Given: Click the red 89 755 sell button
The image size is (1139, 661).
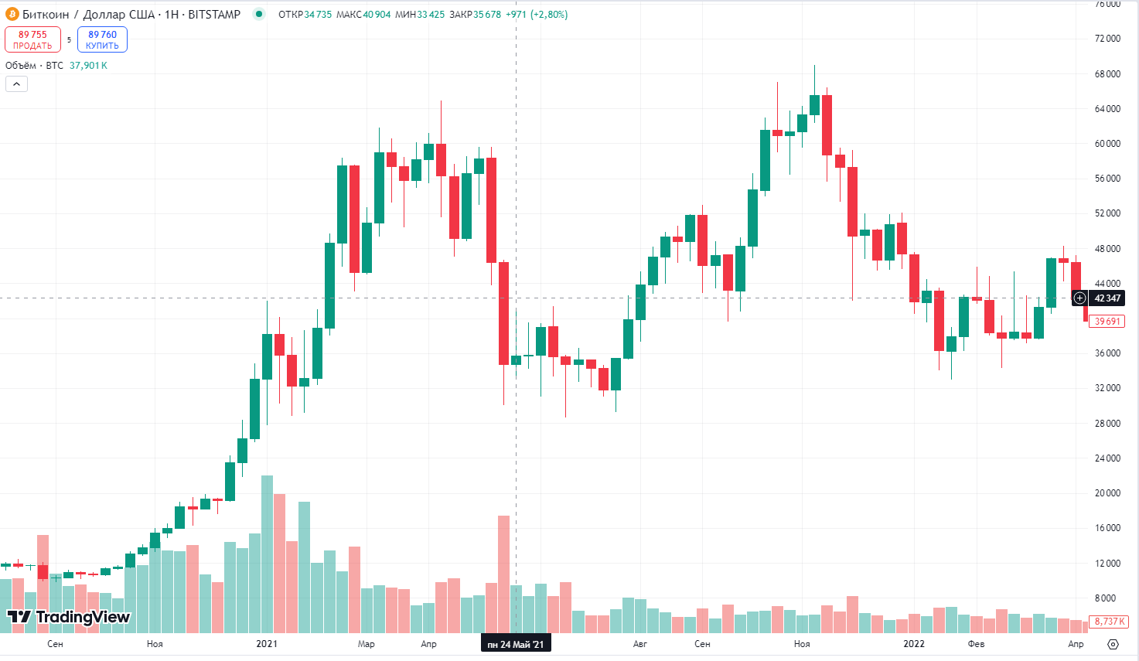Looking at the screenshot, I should tap(32, 39).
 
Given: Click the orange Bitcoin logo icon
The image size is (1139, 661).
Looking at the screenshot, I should tap(12, 14).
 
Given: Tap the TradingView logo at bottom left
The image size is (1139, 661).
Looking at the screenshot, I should tap(69, 617).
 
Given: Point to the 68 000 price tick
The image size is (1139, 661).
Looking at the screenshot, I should tap(1107, 74).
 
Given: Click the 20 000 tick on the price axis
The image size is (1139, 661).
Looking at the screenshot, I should tap(1107, 493).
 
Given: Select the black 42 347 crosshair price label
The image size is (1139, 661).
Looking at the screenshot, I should tap(1107, 298).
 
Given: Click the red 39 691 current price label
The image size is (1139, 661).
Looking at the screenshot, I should tap(1107, 322).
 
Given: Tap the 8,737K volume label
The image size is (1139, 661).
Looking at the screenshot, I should tap(1109, 622).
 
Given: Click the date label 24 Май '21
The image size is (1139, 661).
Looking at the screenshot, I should tap(516, 644).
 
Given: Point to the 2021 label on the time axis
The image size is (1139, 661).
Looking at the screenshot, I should tap(267, 644).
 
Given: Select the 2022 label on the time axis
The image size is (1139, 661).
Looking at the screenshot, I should tap(914, 644).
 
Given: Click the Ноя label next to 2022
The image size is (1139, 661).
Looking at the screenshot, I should tap(802, 644).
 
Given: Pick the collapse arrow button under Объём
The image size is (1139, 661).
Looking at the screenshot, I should tap(16, 83).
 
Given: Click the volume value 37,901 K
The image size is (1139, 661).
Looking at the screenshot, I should tap(88, 66).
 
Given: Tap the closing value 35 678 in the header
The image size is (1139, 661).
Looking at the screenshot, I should tap(486, 15).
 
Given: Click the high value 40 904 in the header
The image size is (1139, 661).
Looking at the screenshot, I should tap(377, 15).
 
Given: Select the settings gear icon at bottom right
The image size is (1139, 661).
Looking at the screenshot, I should tap(1113, 644).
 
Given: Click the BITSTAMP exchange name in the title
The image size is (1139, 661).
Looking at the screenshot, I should tap(214, 15).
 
